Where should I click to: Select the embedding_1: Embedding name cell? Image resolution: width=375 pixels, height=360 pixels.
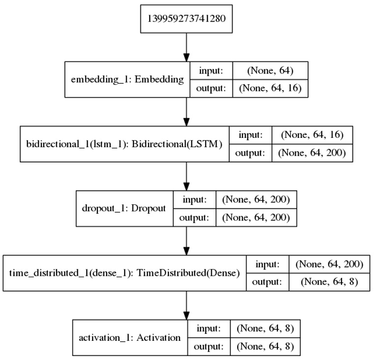(x=127, y=79)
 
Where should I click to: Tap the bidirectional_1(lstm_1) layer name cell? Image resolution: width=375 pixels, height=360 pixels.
(x=125, y=143)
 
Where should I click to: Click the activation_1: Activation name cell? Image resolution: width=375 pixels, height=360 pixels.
(x=130, y=338)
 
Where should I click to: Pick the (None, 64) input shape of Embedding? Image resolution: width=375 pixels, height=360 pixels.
(x=270, y=70)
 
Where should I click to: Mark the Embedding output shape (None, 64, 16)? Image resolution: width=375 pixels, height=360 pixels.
(x=270, y=88)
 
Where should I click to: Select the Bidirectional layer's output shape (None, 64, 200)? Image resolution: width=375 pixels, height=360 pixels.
(x=312, y=152)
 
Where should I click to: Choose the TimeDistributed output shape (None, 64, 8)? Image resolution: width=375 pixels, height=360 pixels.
(x=329, y=282)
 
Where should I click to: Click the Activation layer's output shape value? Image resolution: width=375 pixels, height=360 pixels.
(x=265, y=346)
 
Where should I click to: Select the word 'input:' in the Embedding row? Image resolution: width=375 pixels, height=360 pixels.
(x=211, y=70)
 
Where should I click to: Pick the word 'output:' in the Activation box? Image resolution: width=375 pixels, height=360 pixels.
(x=209, y=346)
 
